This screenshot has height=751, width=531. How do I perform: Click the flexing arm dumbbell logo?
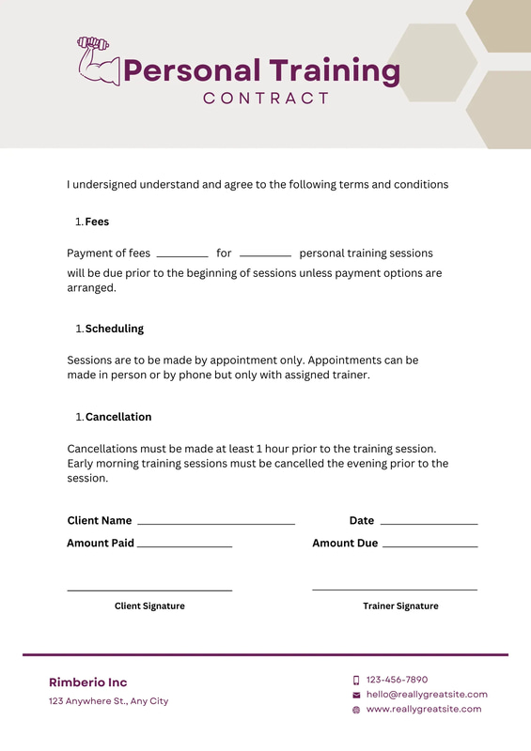pos(97,62)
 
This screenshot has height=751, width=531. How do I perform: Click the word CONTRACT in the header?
pos(266,98)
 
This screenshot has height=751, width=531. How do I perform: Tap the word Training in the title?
pos(335,70)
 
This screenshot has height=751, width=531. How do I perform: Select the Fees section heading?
pos(97,222)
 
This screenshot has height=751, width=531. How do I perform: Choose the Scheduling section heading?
pos(114,329)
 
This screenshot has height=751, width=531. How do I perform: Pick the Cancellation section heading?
pos(118,417)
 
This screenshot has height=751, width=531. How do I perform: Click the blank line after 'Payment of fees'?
pos(181,255)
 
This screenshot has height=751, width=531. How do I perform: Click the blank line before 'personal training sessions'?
pos(265,255)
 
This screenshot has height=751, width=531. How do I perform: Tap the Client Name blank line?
pos(216,523)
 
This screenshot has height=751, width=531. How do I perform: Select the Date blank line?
pos(429,523)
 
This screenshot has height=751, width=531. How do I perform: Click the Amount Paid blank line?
pos(184,545)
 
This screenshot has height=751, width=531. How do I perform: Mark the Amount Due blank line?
pos(430,545)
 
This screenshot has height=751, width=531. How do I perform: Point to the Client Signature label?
pos(149,606)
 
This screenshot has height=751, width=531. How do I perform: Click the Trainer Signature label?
pos(400,606)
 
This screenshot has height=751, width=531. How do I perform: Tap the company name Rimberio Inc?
pos(87,682)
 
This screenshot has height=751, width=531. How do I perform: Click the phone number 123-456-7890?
pos(397,680)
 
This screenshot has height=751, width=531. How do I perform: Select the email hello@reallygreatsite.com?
pos(427,695)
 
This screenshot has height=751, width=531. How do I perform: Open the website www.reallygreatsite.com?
pos(424,710)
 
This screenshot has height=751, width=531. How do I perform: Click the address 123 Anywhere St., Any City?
pos(108,701)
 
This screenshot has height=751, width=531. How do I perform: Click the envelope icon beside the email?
pos(356,695)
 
